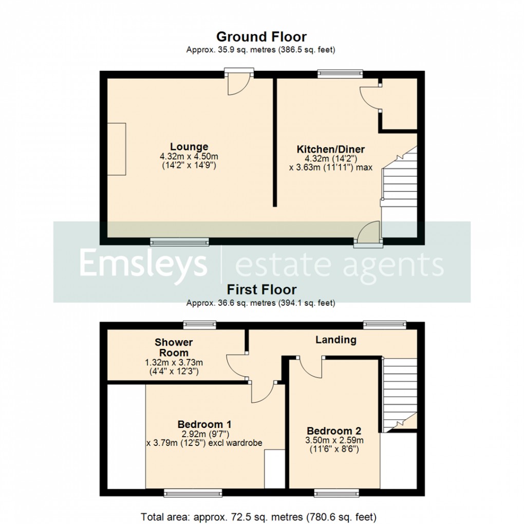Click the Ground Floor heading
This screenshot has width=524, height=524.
click(261, 37)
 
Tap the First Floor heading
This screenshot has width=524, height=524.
click(261, 290)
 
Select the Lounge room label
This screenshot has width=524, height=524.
click(190, 147)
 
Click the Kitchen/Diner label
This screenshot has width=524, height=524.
click(331, 149)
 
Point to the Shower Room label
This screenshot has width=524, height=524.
click(174, 347)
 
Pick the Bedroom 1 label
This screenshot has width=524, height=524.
click(204, 424)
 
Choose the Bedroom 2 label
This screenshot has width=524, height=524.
click(334, 431)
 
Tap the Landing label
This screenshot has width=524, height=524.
click(335, 340)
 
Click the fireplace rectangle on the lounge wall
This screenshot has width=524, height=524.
click(116, 149)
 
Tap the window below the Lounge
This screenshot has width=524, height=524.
click(179, 241)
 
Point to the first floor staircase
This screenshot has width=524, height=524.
click(400, 393)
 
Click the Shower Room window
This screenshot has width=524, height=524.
click(200, 324)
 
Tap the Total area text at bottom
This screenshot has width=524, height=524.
click(259, 516)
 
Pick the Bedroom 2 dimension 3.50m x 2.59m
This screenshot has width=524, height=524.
click(334, 440)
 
